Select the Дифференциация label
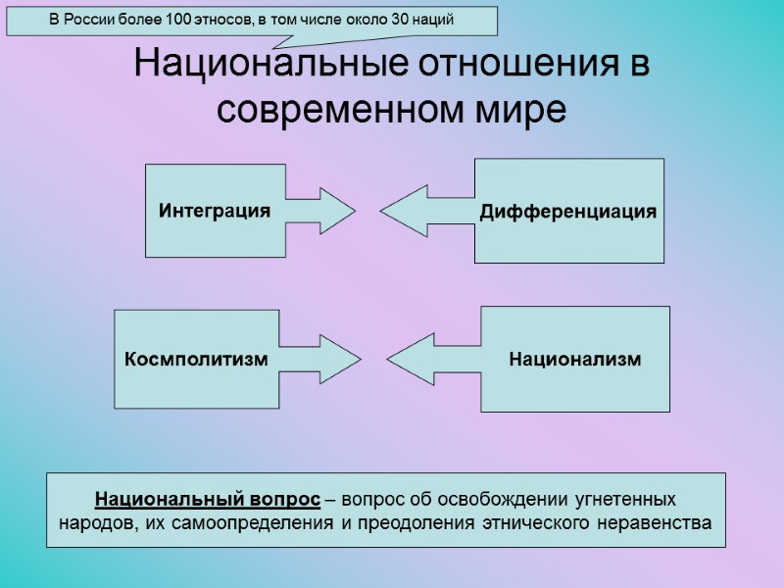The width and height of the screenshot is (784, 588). [x=567, y=213]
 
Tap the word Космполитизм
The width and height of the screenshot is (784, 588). [x=196, y=360]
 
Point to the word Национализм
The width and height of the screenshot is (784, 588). [x=575, y=360]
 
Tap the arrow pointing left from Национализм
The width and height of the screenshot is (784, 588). [x=412, y=360]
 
